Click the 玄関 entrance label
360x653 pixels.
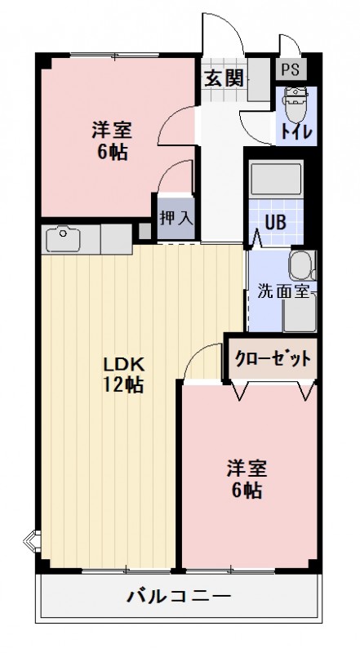[223, 78]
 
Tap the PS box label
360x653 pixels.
[290, 70]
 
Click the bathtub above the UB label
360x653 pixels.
[275, 177]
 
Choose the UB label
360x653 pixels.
[274, 220]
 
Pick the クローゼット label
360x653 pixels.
[273, 358]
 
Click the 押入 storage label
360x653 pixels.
[176, 218]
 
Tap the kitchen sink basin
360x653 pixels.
[62, 239]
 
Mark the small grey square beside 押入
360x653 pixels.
[145, 231]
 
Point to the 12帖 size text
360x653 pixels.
[123, 384]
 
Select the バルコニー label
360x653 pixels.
[179, 595]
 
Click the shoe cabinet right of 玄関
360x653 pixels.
[258, 79]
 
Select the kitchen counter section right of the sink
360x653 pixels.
[115, 239]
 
